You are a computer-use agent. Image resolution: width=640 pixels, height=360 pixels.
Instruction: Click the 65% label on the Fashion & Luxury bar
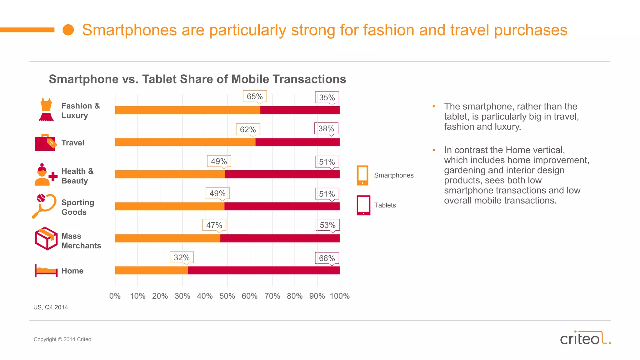pyautogui.click(x=255, y=97)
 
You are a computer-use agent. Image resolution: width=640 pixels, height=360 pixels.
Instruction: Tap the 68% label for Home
pyautogui.click(x=327, y=258)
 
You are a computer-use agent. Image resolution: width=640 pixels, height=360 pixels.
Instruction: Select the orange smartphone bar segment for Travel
pyautogui.click(x=185, y=142)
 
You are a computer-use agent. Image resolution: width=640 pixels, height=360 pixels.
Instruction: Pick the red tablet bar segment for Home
pyautogui.click(x=264, y=270)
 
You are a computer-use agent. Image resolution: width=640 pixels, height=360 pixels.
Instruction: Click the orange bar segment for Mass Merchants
pyautogui.click(x=167, y=238)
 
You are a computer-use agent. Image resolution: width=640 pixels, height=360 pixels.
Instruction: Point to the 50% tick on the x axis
pyautogui.click(x=227, y=296)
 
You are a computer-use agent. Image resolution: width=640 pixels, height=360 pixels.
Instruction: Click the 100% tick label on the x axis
pyautogui.click(x=340, y=296)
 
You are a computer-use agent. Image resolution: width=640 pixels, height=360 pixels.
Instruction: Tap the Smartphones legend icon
pyautogui.click(x=362, y=175)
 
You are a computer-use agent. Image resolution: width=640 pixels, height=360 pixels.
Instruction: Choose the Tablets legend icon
pyautogui.click(x=363, y=205)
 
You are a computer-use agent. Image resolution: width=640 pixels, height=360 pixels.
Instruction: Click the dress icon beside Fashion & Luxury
pyautogui.click(x=46, y=110)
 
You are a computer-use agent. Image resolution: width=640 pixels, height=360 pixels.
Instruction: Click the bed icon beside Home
pyautogui.click(x=46, y=270)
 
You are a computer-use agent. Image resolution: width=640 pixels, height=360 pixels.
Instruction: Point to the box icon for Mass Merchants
pyautogui.click(x=46, y=238)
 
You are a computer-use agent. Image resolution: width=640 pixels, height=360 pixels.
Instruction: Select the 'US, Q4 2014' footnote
pyautogui.click(x=51, y=307)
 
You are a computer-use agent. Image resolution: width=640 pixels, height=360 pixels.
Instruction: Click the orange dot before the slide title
pyautogui.click(x=68, y=30)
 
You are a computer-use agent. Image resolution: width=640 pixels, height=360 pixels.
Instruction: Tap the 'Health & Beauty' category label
pyautogui.click(x=77, y=176)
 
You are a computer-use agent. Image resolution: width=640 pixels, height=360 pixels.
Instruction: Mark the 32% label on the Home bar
pyautogui.click(x=182, y=257)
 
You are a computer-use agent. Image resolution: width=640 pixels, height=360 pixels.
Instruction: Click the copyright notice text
pyautogui.click(x=62, y=339)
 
